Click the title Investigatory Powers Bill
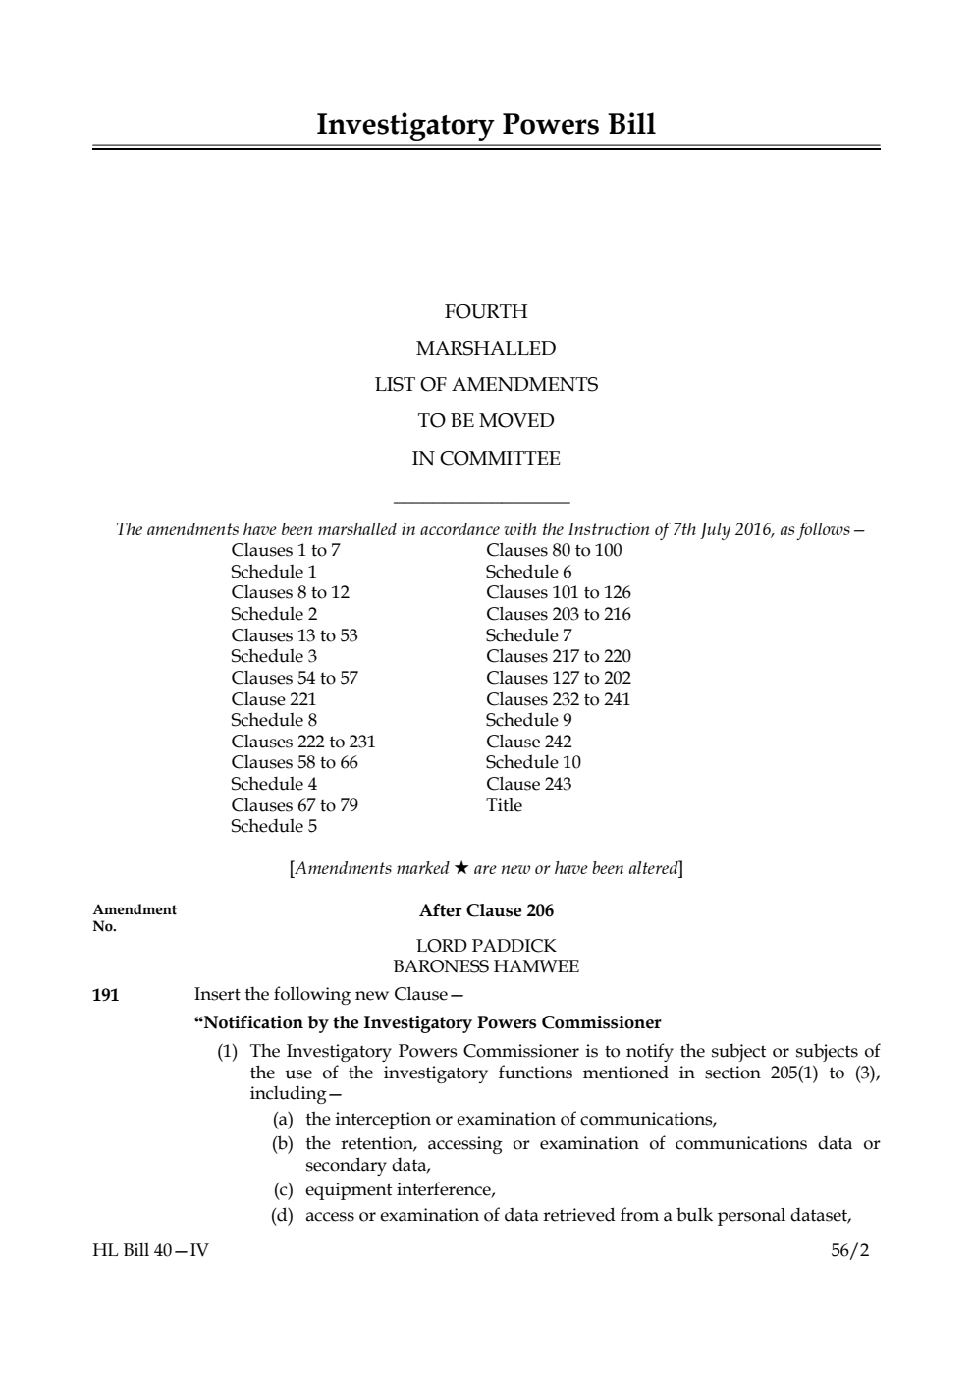[x=486, y=125]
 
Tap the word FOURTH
[x=486, y=312]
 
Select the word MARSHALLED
[x=486, y=349]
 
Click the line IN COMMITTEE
[x=486, y=459]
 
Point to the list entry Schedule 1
[x=274, y=572]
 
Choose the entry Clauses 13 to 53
[x=295, y=635]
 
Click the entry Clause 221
[x=274, y=699]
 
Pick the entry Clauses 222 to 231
[x=303, y=742]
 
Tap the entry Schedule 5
[x=274, y=826]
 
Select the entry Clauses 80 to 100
[x=554, y=550]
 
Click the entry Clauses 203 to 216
[x=559, y=614]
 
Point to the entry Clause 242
[x=529, y=742]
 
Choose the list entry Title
[x=505, y=805]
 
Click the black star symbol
[x=461, y=868]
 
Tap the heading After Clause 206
[x=486, y=910]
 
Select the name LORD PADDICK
[x=486, y=946]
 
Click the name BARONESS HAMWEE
[x=486, y=966]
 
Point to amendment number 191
[x=106, y=995]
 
